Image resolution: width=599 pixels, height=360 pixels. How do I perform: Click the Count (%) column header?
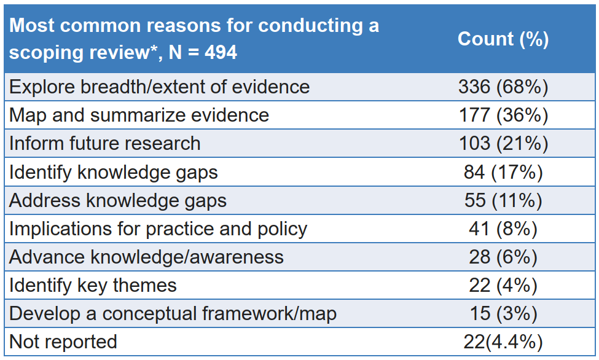click(503, 39)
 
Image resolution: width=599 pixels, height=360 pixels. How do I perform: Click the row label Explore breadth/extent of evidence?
click(159, 87)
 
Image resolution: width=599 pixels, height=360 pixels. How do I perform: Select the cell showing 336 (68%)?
click(503, 87)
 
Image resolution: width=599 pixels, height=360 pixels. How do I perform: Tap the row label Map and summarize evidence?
click(139, 115)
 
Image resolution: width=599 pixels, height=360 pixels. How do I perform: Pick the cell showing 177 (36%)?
click(503, 115)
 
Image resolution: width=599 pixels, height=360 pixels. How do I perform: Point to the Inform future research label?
click(104, 143)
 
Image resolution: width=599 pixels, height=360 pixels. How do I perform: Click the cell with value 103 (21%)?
click(503, 143)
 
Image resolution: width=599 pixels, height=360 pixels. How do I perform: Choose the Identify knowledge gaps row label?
click(114, 172)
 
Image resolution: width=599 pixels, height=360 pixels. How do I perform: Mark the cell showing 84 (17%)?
click(503, 172)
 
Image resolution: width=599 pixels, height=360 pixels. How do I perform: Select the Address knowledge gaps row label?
click(118, 200)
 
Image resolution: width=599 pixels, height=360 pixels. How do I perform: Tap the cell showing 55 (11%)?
click(503, 200)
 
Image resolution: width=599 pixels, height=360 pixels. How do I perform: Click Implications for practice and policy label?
click(158, 229)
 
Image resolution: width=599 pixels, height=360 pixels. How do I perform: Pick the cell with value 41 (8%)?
click(503, 229)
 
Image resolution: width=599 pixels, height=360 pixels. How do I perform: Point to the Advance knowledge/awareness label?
click(146, 257)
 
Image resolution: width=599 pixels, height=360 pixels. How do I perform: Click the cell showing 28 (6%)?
click(503, 257)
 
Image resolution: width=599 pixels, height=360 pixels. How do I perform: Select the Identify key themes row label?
click(93, 285)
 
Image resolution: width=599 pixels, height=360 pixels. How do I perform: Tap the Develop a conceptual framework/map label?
click(173, 313)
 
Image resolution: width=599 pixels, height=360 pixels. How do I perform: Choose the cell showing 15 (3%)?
click(503, 313)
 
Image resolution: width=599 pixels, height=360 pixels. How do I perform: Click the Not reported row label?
click(63, 342)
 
